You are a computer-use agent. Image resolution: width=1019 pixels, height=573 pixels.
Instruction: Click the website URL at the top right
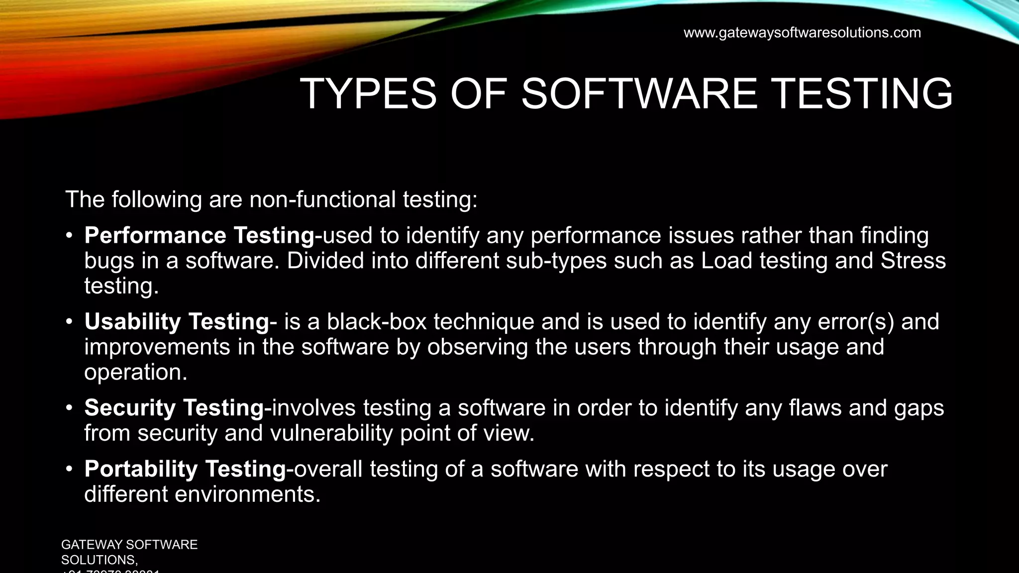802,33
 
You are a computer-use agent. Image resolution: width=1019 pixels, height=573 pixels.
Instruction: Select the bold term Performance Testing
199,236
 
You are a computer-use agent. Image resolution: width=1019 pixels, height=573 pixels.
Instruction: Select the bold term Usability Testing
177,322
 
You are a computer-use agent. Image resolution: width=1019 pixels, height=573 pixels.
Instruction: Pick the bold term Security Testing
174,408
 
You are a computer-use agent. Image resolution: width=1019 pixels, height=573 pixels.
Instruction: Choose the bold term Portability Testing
185,469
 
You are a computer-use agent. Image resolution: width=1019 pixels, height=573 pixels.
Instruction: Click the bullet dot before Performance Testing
70,236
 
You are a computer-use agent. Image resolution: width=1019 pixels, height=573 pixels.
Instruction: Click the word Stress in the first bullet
913,261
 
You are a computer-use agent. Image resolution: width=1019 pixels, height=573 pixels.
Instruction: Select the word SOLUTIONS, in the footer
100,560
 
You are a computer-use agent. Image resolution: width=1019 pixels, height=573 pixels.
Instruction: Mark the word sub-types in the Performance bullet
556,261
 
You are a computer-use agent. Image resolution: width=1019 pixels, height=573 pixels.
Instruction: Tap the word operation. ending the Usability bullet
136,373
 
